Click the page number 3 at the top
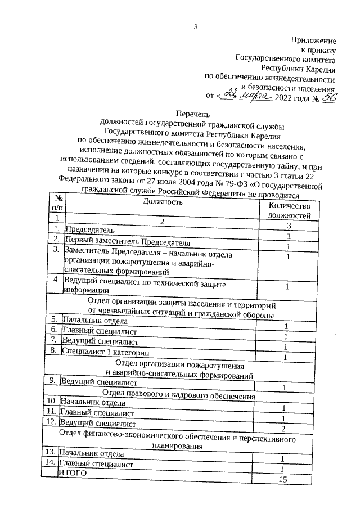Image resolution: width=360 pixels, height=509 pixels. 196,26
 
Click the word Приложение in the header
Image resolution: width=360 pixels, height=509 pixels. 313,40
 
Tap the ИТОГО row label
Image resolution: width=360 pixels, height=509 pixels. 73,474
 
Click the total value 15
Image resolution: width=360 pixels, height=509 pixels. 282,479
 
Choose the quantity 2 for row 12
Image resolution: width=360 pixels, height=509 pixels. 283,429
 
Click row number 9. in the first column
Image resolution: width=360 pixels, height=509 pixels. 52,381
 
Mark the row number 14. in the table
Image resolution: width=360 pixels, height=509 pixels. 49,462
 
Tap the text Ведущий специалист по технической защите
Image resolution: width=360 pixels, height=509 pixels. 139,280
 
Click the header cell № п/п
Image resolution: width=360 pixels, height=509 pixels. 57,203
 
